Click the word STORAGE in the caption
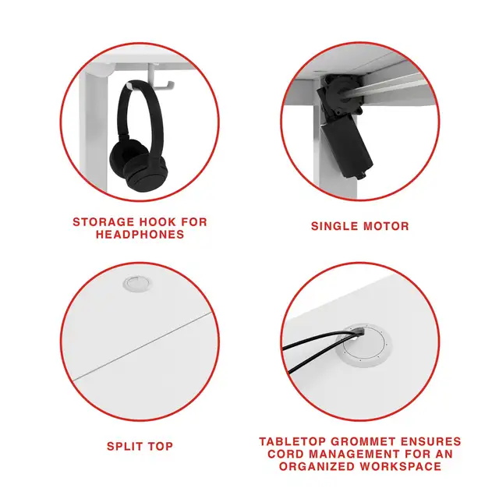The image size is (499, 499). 104,221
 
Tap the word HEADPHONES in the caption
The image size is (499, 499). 140,235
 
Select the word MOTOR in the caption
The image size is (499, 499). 386,226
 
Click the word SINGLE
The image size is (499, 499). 334,226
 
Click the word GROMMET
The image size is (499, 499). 363,442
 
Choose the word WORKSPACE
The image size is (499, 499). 401,466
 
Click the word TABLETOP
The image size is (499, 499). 292,442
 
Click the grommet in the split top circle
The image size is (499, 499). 137,283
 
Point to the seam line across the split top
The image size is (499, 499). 143,346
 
